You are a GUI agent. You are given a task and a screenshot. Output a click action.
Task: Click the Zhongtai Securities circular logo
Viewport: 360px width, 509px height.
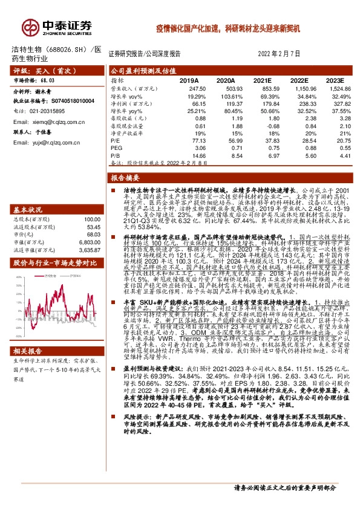pyautogui.click(x=30, y=27)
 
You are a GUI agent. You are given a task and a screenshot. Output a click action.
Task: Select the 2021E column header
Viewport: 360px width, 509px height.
pyautogui.click(x=262, y=80)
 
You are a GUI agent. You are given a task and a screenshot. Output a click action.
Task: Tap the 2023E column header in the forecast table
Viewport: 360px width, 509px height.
pyautogui.click(x=334, y=80)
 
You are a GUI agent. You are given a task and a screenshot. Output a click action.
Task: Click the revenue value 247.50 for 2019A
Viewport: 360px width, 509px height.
pyautogui.click(x=189, y=88)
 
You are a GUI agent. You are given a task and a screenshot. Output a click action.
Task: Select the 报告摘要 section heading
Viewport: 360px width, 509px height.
pyautogui.click(x=126, y=178)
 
